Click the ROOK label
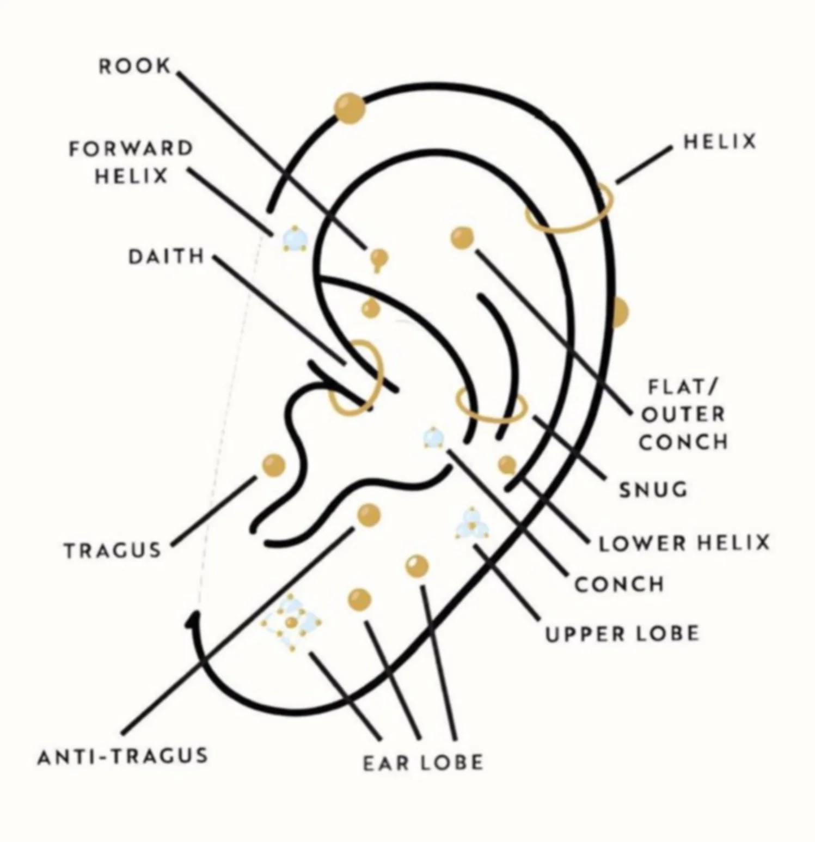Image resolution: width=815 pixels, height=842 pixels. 134,66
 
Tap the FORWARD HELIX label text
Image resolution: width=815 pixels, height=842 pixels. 131,162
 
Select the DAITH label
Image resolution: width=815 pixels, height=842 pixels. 166,256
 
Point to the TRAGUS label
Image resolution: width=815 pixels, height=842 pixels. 113,550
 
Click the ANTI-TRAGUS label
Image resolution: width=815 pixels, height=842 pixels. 123,756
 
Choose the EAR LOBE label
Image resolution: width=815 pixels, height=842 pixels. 423,762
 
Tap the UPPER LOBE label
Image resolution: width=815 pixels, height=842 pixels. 622,633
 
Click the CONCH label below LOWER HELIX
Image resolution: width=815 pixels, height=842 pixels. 620,584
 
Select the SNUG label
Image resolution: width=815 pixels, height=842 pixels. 653,490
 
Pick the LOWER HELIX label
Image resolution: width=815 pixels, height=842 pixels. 684,543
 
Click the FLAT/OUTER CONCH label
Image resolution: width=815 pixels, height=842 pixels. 683,414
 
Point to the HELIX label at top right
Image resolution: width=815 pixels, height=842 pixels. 720,142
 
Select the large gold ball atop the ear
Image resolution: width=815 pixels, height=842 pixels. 349,108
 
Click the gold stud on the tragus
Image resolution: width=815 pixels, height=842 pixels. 273,465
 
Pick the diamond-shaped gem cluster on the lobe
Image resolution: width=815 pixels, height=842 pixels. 291,622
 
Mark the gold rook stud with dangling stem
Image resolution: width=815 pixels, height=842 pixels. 378,258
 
